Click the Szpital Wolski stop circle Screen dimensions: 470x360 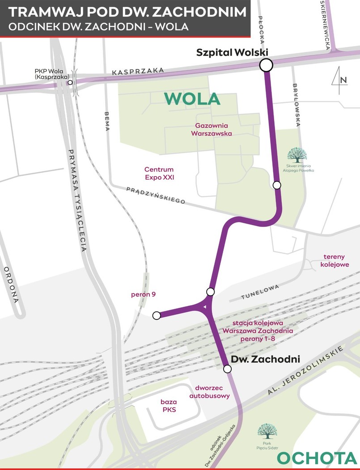point(266,65)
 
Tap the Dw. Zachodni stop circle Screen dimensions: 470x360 point(227,369)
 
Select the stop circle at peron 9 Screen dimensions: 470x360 point(157,316)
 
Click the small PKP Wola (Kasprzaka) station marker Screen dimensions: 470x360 point(70,82)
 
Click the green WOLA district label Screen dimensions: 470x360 point(192,98)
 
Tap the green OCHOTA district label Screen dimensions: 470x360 point(318,458)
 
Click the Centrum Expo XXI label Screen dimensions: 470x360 point(159,173)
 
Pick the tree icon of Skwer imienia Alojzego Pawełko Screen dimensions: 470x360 point(297,155)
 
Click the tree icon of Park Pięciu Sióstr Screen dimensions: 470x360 point(267,431)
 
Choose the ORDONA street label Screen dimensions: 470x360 point(11,285)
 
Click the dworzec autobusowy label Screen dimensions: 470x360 point(209,392)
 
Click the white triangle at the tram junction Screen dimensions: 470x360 point(204,307)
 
